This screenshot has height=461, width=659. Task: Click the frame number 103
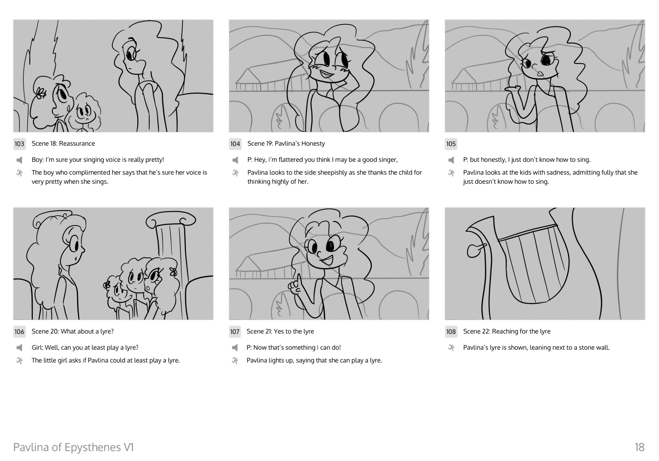[19, 144]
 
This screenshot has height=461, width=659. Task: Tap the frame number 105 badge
[451, 144]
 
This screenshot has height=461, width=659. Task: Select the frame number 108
[451, 332]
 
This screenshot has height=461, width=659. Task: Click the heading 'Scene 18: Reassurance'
[63, 143]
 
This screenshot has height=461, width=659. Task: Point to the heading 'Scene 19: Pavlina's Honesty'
[286, 143]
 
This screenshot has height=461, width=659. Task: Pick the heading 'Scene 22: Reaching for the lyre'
[506, 331]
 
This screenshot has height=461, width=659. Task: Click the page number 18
[639, 447]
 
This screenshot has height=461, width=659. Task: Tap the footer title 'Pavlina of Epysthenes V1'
[73, 447]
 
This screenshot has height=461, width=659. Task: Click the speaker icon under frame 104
[235, 160]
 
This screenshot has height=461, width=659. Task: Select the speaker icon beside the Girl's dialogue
[19, 348]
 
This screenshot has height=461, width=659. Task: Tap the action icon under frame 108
[451, 348]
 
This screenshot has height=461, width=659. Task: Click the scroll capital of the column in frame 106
[171, 220]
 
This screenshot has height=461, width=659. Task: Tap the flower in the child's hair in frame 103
[41, 94]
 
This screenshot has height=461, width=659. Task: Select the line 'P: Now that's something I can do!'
[293, 348]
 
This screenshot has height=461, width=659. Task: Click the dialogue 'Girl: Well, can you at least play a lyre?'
[85, 348]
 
